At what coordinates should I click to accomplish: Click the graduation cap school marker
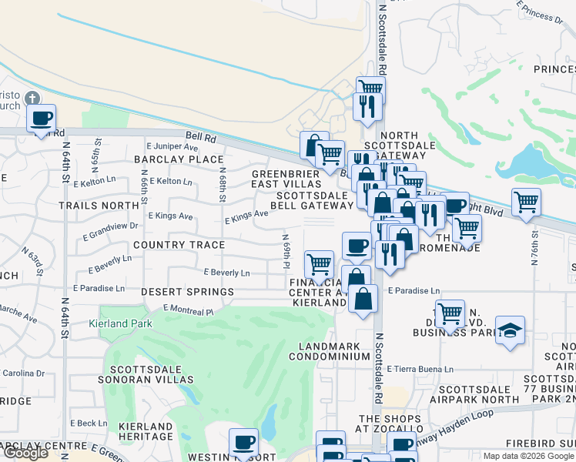point(510,331)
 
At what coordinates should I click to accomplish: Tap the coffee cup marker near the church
point(42,119)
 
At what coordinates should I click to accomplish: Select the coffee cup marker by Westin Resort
point(245,443)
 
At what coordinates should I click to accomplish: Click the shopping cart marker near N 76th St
point(526,203)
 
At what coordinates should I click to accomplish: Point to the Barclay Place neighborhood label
point(178,159)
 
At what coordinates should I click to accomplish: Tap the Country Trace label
point(179,245)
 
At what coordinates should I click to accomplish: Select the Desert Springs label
point(188,293)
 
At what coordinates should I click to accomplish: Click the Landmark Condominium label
point(330,351)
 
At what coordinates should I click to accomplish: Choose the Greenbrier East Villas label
point(286,179)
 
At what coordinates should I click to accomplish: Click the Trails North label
point(99,206)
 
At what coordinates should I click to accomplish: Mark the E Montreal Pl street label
point(188,310)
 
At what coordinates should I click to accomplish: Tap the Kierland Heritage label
point(146,431)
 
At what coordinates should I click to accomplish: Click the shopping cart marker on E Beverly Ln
point(319,266)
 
